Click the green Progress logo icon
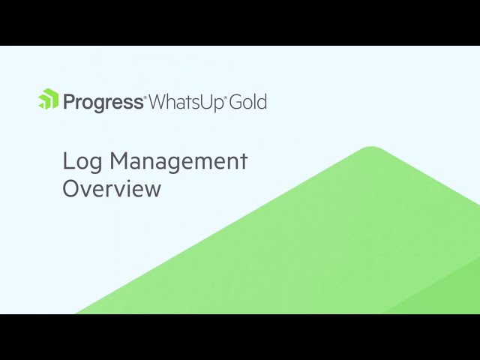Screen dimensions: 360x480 tap(48, 100)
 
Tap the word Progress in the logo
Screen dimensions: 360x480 tap(103, 102)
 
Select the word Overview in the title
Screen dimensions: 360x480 tap(112, 188)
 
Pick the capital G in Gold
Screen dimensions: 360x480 tap(238, 101)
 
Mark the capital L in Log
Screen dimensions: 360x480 tap(67, 160)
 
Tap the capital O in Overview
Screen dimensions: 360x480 tap(70, 188)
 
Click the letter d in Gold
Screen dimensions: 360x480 tap(262, 101)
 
